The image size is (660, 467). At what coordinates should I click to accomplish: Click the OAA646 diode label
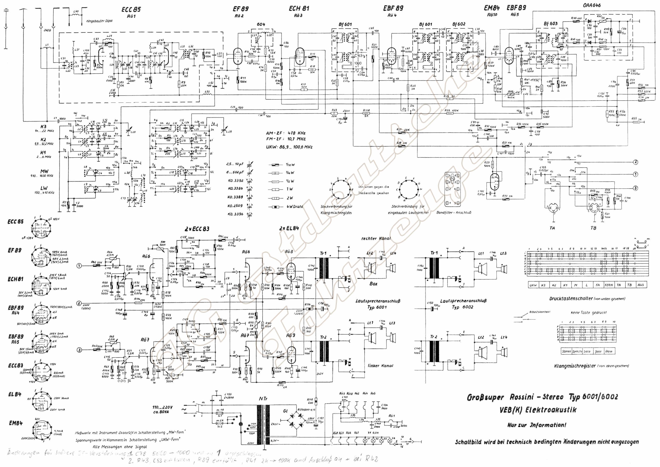[x=592, y=5]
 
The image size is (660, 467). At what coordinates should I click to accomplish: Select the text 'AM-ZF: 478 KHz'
[x=286, y=133]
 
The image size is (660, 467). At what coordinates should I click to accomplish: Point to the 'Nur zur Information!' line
[x=537, y=425]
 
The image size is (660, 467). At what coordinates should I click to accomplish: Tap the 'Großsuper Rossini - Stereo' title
[x=515, y=397]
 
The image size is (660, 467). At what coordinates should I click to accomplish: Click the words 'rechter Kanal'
[x=376, y=238]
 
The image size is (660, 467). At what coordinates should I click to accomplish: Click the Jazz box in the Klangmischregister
[x=598, y=351]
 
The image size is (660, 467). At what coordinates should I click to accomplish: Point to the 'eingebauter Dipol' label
[x=99, y=21]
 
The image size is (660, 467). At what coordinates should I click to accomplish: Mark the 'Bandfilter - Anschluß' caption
[x=454, y=212]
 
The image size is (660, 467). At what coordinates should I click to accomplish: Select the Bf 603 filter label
[x=550, y=24]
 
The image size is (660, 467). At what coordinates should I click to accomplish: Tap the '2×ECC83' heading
[x=197, y=229]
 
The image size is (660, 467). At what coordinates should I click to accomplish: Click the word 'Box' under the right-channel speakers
[x=373, y=284]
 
